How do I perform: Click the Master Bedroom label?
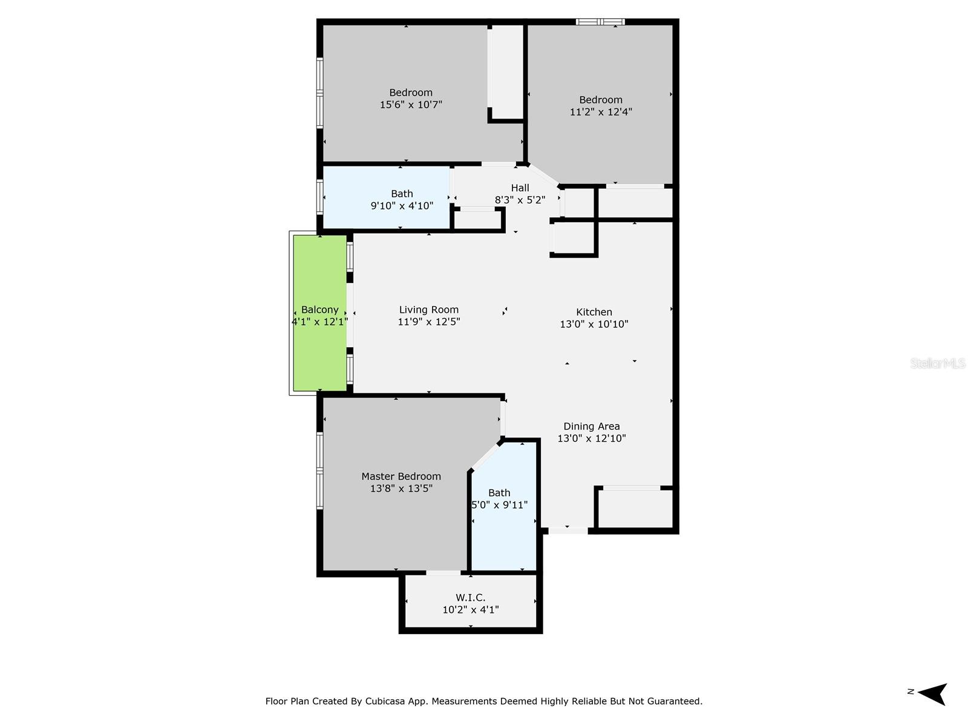tap(401, 477)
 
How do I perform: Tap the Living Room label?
tap(428, 310)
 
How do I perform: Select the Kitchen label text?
tap(594, 312)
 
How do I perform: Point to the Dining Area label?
tap(591, 427)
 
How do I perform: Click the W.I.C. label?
tap(470, 598)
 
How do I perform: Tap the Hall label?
tap(520, 188)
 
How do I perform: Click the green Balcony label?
tap(319, 310)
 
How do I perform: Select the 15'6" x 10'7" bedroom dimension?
tap(411, 105)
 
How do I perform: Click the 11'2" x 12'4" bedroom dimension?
tap(601, 112)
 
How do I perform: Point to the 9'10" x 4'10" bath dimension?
tap(402, 206)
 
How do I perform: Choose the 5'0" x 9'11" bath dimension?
tap(499, 505)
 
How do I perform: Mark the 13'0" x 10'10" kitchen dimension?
tap(594, 324)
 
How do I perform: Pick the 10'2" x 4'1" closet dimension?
tap(470, 610)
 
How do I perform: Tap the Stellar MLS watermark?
tap(937, 364)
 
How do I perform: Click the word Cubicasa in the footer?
tap(386, 702)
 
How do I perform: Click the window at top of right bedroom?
tap(600, 22)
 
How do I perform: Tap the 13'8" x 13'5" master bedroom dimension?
tap(401, 489)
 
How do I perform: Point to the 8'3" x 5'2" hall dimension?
tap(520, 200)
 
